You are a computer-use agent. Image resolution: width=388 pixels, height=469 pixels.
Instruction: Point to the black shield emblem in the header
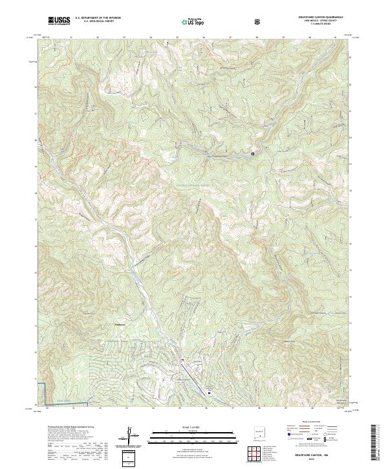pyautogui.click(x=258, y=21)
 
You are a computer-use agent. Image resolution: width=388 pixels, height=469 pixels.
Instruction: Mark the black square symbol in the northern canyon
pyautogui.click(x=253, y=154)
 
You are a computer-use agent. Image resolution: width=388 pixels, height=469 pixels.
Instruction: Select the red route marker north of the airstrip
pyautogui.click(x=183, y=360)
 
